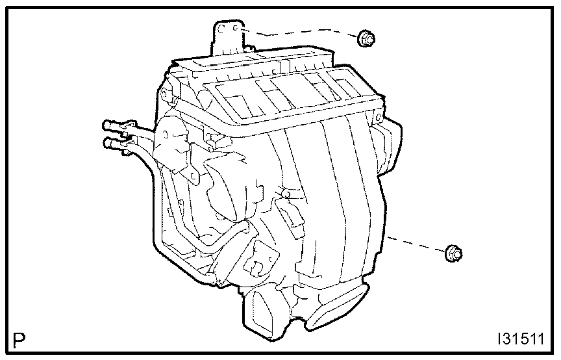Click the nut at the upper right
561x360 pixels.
coord(366,39)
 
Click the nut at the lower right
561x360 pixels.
coord(453,253)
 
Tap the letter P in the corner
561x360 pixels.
coord(20,340)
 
